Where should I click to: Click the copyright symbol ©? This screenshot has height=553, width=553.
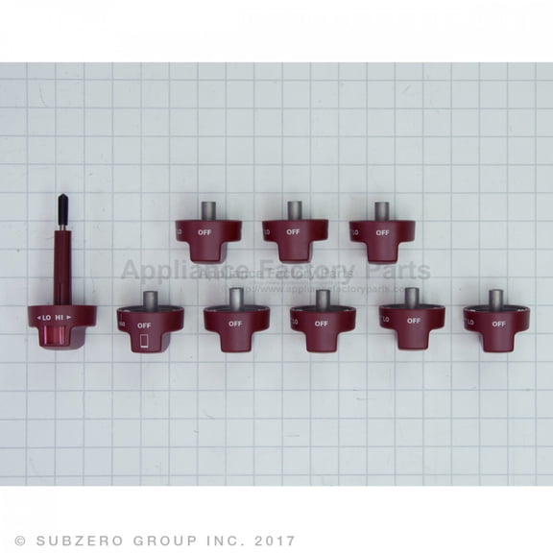[x=20, y=541]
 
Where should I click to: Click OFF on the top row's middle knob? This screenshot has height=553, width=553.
[x=292, y=232]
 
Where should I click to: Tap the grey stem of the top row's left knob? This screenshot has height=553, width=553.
[x=207, y=211]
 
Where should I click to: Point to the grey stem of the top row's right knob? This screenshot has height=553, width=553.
[x=381, y=211]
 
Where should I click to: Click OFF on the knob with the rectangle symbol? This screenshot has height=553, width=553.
[x=144, y=325]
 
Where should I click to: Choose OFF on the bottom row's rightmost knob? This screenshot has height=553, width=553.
[x=499, y=324]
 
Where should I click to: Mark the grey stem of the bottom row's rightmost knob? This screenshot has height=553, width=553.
[x=496, y=300]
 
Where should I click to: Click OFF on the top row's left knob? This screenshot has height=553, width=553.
[x=204, y=232]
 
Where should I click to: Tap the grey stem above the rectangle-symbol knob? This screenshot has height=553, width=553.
[x=149, y=301]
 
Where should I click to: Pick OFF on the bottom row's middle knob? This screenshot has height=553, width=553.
[x=322, y=324]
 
